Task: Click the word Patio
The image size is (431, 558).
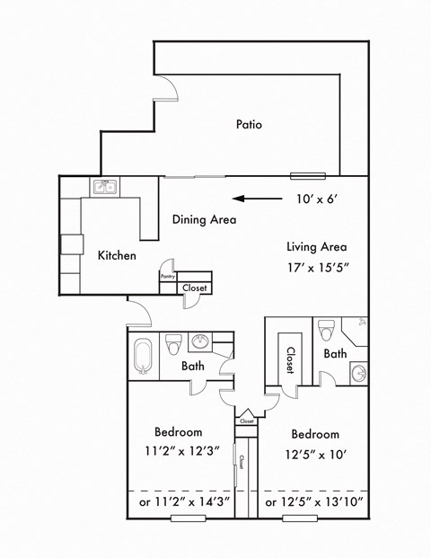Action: tap(249, 125)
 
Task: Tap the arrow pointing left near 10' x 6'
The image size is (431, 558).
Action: tap(254, 199)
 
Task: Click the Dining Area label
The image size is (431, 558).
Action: tap(205, 219)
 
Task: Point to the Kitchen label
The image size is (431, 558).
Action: tap(117, 256)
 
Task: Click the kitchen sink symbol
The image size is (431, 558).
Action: tap(106, 188)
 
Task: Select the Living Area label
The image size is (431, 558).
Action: tap(316, 247)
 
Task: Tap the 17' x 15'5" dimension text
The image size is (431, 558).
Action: tap(317, 268)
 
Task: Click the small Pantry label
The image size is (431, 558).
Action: tap(167, 278)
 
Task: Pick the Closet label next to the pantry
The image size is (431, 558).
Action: tap(195, 288)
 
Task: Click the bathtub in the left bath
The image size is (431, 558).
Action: tap(142, 354)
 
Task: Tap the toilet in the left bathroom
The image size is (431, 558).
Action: tap(174, 342)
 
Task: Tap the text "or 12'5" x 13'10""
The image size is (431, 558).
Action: tap(314, 501)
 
